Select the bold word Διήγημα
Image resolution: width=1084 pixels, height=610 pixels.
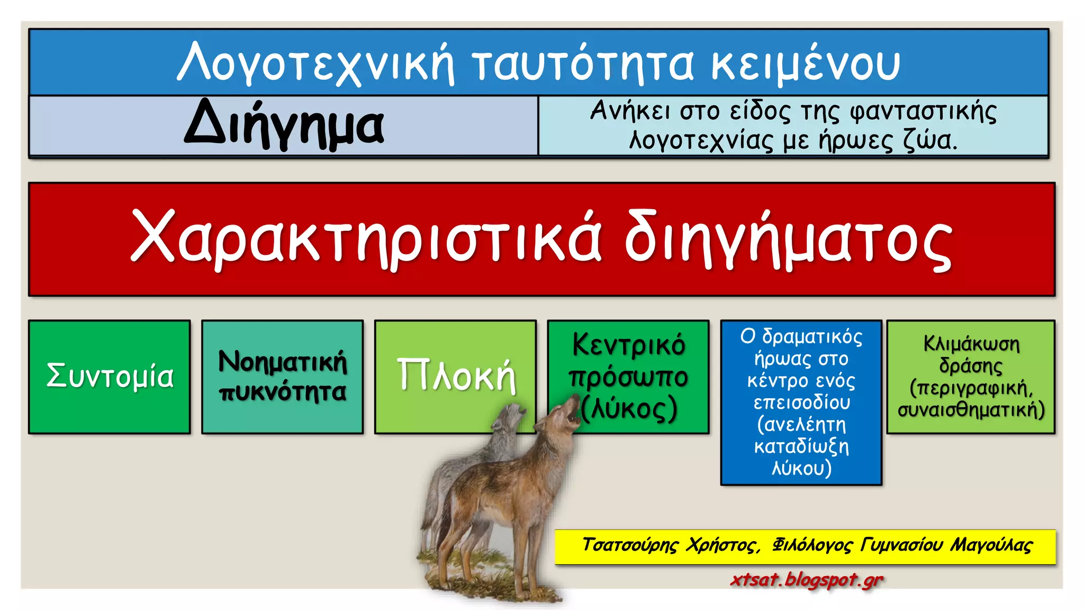(x=284, y=125)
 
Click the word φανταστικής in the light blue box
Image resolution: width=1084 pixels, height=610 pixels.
(x=923, y=112)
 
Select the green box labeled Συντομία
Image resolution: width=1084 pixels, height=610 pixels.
(x=110, y=376)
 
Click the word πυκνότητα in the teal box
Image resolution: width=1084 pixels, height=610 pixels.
(x=283, y=391)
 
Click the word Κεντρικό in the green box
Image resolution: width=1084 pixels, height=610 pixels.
(x=628, y=345)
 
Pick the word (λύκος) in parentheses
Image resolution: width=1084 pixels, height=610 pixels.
(x=630, y=408)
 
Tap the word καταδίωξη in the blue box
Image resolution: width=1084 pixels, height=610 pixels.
(x=801, y=446)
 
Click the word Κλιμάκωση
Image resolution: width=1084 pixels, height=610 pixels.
(x=971, y=344)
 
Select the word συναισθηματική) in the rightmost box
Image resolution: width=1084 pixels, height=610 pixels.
(x=971, y=410)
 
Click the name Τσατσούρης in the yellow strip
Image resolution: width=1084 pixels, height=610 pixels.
(x=630, y=545)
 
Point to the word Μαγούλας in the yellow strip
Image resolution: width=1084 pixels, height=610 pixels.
(x=991, y=545)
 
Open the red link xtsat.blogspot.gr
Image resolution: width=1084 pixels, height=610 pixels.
(x=807, y=579)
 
